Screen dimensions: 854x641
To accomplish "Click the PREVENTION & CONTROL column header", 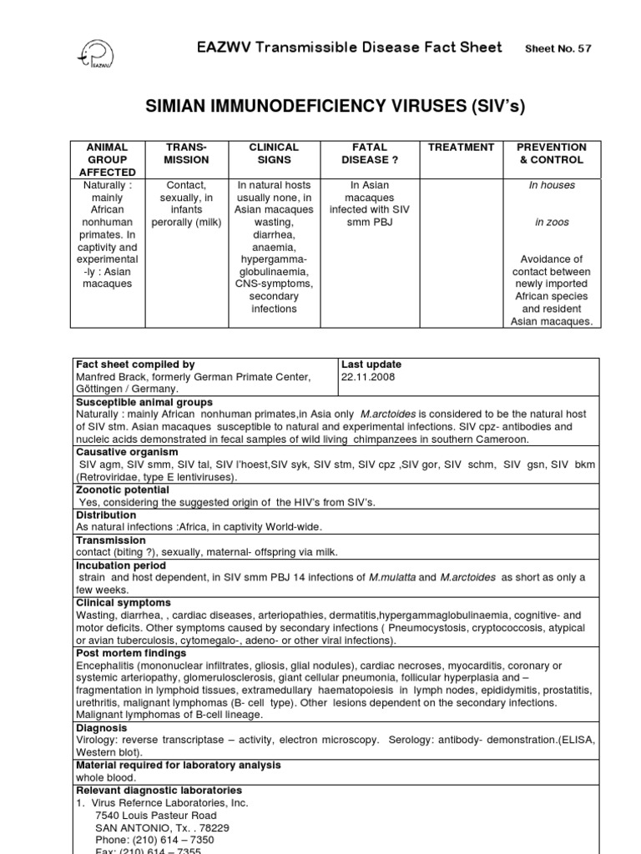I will click(x=551, y=153).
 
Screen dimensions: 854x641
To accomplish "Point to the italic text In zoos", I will click(x=552, y=223).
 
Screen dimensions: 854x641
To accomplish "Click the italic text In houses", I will click(x=552, y=185).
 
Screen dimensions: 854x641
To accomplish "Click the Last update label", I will click(x=371, y=364).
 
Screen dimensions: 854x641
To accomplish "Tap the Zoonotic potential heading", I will click(x=123, y=490).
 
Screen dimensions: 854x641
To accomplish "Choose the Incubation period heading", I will click(x=119, y=565).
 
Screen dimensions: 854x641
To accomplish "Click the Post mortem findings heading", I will click(x=129, y=653).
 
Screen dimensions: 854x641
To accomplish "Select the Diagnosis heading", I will click(x=101, y=727).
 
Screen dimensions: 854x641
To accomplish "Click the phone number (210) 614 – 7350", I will click(x=145, y=840).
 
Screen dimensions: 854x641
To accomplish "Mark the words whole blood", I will click(x=105, y=777).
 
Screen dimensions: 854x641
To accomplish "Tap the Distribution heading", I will click(x=107, y=515).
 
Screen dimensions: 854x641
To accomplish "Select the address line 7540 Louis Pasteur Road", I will click(x=156, y=815).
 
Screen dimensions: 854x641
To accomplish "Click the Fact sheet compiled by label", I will click(x=135, y=364).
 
